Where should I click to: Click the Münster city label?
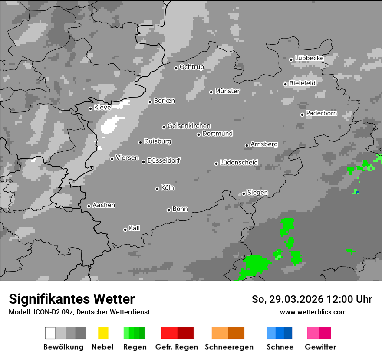(227, 91)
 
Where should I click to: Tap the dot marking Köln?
(157, 189)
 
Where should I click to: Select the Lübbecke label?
(309, 58)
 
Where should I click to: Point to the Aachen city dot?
(89, 206)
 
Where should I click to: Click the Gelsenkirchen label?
(189, 126)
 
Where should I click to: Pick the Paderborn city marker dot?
(302, 115)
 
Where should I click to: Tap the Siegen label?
(257, 193)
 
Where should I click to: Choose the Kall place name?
(134, 228)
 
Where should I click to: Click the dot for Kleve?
(90, 108)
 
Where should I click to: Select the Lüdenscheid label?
(239, 163)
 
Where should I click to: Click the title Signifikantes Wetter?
(72, 299)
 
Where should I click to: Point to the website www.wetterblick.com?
(313, 312)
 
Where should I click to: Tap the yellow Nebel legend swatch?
(103, 333)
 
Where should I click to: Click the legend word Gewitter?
(320, 347)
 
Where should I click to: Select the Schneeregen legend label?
(229, 347)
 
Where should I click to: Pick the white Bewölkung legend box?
(50, 333)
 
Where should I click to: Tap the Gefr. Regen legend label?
(177, 347)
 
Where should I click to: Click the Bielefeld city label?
(302, 83)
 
